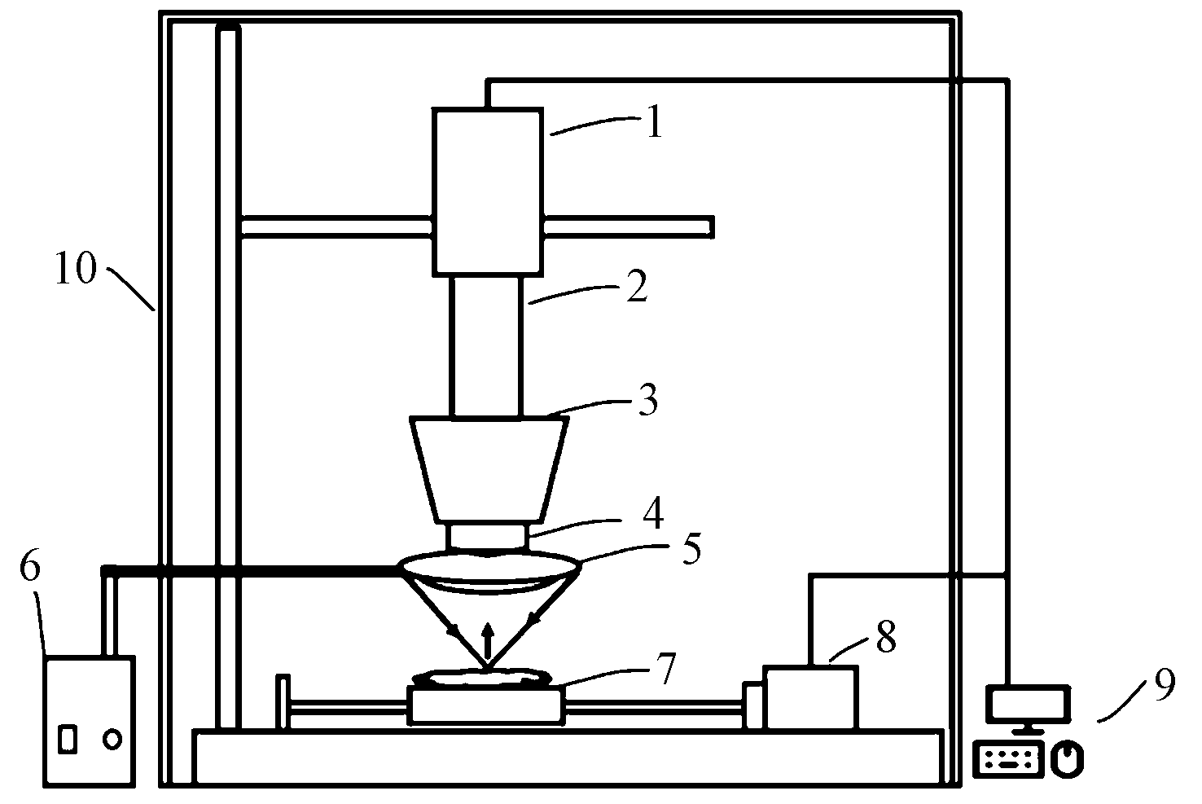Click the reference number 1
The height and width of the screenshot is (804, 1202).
point(653,126)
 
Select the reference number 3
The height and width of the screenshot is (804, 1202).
point(648,402)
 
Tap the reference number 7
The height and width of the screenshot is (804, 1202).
point(666,669)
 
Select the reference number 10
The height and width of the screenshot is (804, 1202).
point(75,270)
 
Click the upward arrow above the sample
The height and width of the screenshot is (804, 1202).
point(488,639)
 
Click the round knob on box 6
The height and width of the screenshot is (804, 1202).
point(112,739)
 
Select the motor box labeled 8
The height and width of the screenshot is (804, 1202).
point(811,697)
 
